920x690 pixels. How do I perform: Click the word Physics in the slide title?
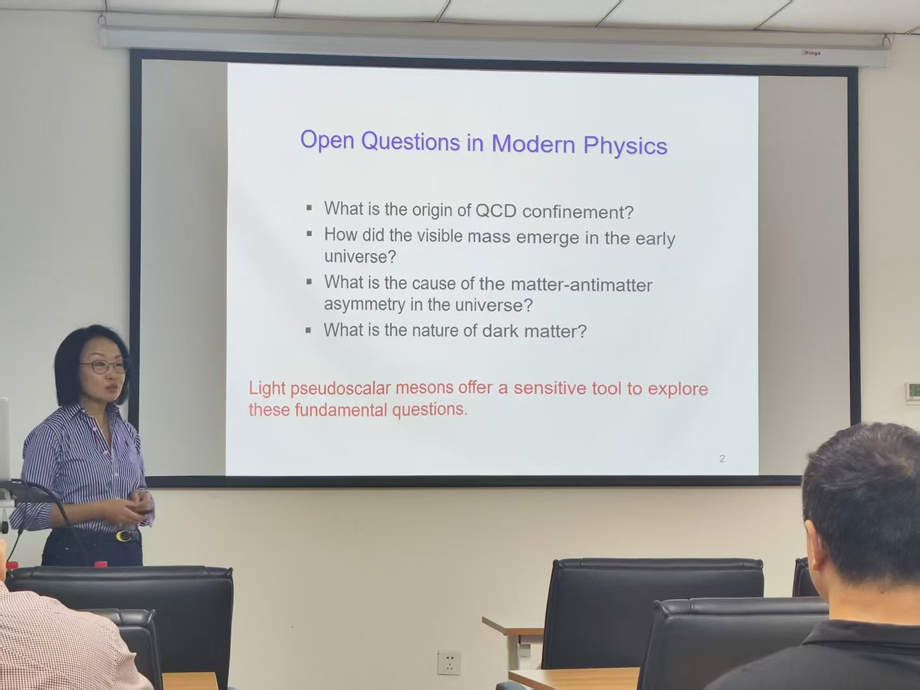(625, 146)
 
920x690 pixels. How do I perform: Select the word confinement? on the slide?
(578, 212)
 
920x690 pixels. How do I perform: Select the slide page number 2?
(722, 459)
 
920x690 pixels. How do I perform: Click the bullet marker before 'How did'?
(309, 234)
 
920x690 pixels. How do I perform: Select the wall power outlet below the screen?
(449, 662)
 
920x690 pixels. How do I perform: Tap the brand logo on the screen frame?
(811, 53)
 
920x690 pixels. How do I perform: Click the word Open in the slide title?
(327, 140)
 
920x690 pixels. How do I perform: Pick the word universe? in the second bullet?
(360, 256)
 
